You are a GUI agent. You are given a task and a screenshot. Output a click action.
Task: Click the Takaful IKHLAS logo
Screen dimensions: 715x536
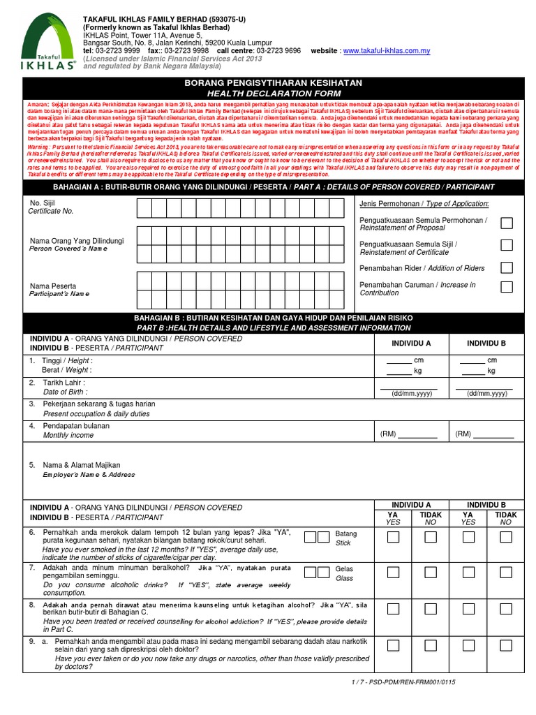[48, 43]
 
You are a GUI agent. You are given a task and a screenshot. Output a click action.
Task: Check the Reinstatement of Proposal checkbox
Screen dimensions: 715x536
[507, 223]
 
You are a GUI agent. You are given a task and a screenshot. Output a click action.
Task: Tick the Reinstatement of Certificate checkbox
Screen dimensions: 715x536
[507, 245]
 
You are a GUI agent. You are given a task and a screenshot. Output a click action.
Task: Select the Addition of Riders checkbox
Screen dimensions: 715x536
[507, 267]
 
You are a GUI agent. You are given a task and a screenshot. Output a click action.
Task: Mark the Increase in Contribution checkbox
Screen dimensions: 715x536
[507, 287]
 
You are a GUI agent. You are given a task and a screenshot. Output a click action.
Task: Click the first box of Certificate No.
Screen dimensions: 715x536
[144, 208]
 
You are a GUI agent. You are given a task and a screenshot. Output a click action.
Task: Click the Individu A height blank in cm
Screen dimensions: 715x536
[399, 360]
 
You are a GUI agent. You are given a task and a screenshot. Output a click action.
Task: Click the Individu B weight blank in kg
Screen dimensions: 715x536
[472, 371]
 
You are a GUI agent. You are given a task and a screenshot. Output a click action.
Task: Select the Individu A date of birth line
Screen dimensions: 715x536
[408, 386]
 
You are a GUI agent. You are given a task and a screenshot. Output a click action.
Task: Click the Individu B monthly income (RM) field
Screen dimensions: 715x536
[493, 434]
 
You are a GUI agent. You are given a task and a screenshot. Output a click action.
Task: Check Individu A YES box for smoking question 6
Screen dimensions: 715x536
[393, 537]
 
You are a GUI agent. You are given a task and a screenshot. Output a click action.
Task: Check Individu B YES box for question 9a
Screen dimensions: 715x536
[468, 643]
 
